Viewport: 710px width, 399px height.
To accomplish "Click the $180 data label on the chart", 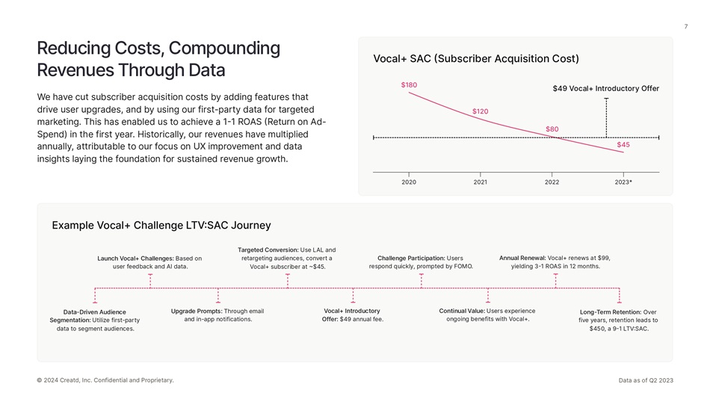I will (x=409, y=85).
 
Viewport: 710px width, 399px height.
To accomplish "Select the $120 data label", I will (x=480, y=111).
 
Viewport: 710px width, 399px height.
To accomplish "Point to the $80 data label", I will (x=552, y=129).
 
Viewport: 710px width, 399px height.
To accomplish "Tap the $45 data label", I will (x=623, y=145).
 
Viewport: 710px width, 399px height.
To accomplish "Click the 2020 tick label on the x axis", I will (x=409, y=182).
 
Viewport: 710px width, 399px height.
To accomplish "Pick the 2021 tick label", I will (x=480, y=182).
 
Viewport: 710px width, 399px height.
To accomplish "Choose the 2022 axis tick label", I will (x=552, y=182).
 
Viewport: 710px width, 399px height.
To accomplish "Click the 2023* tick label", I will (x=623, y=182).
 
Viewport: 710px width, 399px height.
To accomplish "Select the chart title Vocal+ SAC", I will (x=475, y=59).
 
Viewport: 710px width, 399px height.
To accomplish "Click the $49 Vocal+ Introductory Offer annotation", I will (x=605, y=89).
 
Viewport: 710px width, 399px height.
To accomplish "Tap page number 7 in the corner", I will (x=685, y=28).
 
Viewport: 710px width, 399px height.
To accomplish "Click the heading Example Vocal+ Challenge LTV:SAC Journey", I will (x=161, y=226).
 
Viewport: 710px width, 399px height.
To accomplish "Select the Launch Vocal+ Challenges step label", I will (x=149, y=262).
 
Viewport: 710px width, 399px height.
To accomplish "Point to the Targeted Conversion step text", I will (x=287, y=258).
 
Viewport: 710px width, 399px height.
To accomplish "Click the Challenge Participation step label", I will (x=421, y=262).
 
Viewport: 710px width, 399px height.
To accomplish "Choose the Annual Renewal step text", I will (x=555, y=262).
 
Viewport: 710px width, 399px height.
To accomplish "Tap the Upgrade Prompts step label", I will (x=217, y=315).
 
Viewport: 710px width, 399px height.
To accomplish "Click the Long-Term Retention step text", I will (x=618, y=321).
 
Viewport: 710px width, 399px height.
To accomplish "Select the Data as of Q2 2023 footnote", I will (x=646, y=380).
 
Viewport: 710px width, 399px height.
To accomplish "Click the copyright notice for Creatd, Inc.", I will (x=105, y=380).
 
